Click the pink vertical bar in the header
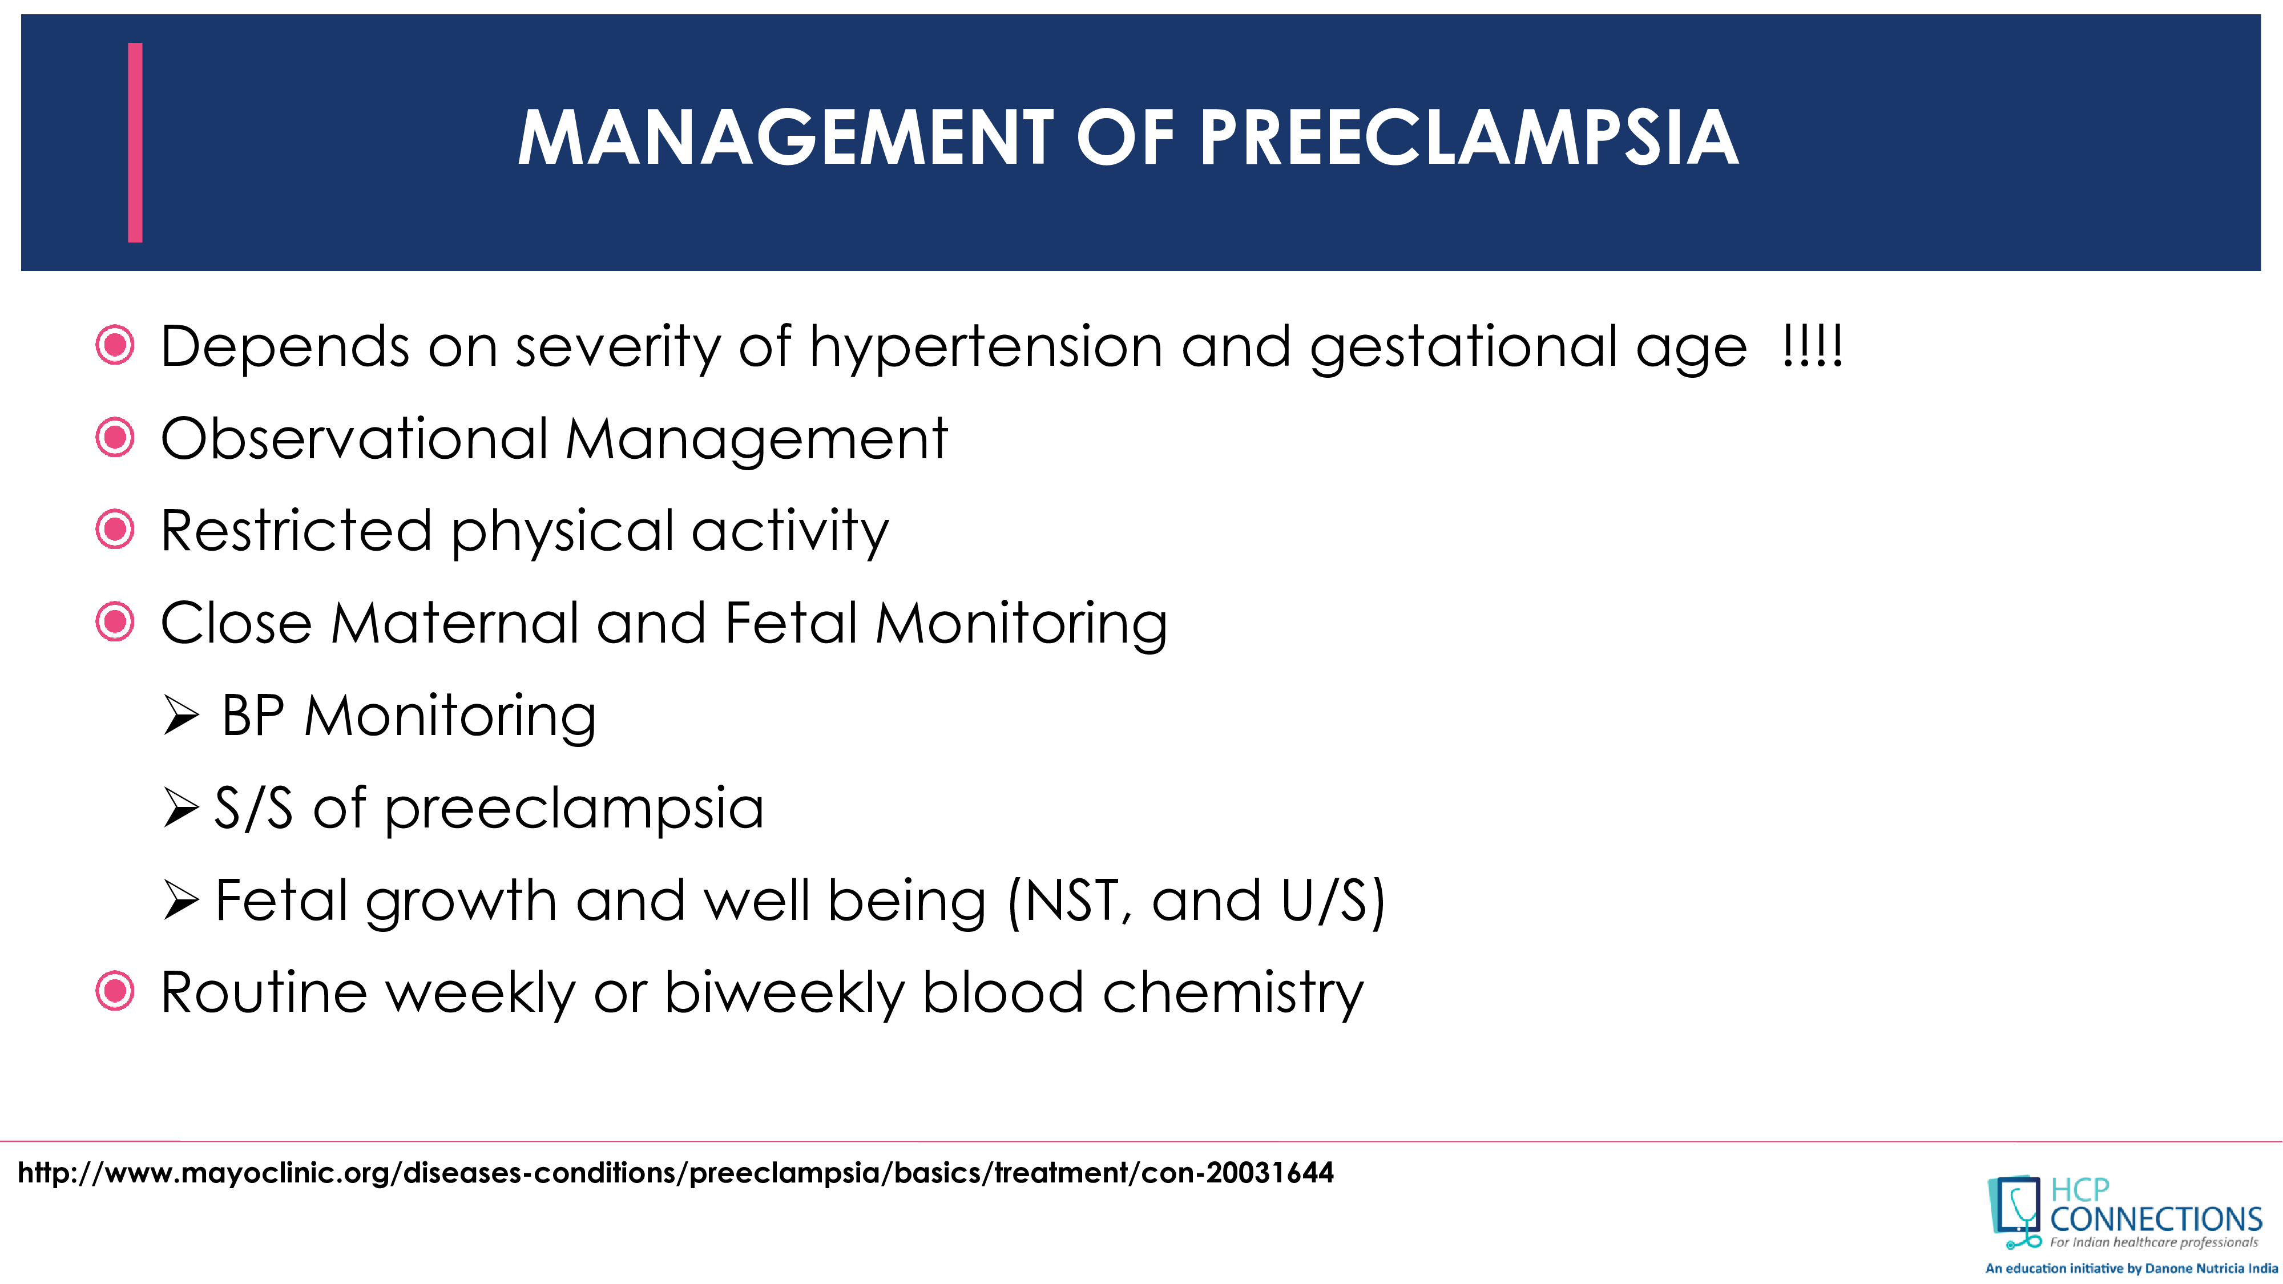135,142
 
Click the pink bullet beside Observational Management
114,438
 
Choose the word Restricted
296,531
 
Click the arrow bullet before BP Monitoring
181,716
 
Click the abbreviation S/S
253,808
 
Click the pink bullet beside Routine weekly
114,992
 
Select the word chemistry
1233,992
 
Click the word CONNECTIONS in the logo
2156,1220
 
